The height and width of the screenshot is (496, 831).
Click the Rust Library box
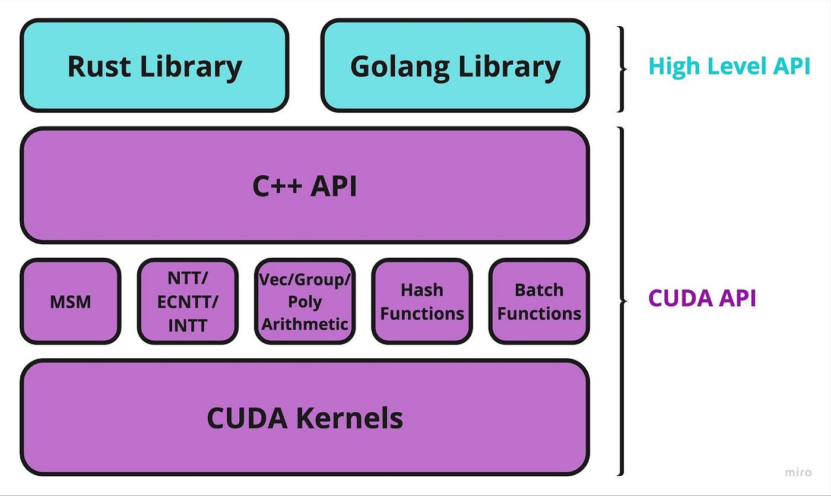(154, 65)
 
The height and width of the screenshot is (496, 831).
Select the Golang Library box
(455, 65)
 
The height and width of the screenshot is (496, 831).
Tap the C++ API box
(305, 185)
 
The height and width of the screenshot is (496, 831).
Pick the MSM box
(71, 301)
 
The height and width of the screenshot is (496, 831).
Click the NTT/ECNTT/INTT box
(188, 301)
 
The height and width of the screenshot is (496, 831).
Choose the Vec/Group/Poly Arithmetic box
(305, 301)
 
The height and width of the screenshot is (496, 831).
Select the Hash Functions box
(422, 301)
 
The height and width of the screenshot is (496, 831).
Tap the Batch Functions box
(540, 301)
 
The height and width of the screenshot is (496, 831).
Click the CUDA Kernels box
(305, 417)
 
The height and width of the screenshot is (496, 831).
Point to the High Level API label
(729, 67)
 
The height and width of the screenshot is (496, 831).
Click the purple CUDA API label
(702, 298)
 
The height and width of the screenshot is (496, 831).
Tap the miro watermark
(798, 473)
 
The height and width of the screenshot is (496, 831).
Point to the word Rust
(99, 67)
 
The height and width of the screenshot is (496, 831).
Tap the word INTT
(188, 326)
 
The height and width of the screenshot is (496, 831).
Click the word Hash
(422, 290)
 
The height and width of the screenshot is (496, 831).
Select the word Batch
(539, 290)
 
